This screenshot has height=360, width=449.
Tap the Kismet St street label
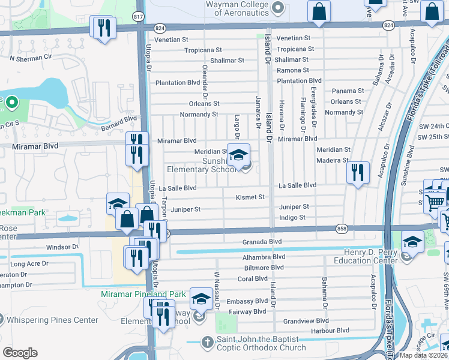[x=250, y=197]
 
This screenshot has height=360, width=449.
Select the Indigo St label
[x=292, y=217]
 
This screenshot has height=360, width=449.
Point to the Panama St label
[x=348, y=91]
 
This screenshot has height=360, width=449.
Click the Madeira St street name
[x=333, y=160]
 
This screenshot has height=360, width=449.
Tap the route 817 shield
[x=139, y=17]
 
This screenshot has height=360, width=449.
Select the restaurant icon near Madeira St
[x=358, y=173]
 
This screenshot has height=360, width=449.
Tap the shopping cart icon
[x=435, y=202]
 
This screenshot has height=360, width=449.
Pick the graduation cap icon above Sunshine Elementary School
[x=238, y=155]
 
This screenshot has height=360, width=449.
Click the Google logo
[x=20, y=353]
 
